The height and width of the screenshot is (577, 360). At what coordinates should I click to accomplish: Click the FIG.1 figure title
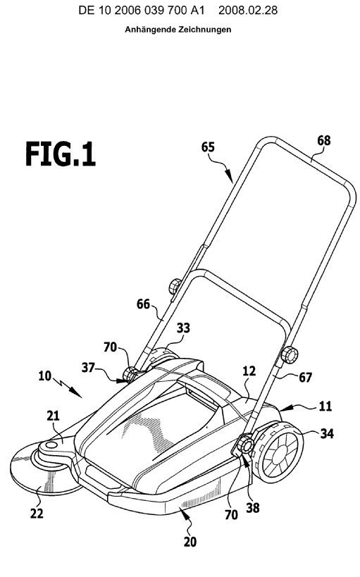[61, 154]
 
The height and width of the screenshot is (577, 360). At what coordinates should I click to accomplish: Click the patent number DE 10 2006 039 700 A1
[142, 11]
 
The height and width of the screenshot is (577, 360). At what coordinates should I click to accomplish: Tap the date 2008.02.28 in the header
[248, 11]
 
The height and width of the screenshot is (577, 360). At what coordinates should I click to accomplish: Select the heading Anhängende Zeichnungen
[178, 30]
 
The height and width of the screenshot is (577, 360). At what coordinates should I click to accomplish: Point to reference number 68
[323, 141]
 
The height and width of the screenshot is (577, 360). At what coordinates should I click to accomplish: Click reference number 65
[208, 147]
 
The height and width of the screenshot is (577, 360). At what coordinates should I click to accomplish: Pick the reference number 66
[144, 304]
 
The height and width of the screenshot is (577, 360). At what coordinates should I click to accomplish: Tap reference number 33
[183, 328]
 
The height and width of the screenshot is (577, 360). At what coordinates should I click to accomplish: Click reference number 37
[88, 367]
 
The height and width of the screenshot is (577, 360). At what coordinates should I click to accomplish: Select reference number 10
[45, 376]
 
